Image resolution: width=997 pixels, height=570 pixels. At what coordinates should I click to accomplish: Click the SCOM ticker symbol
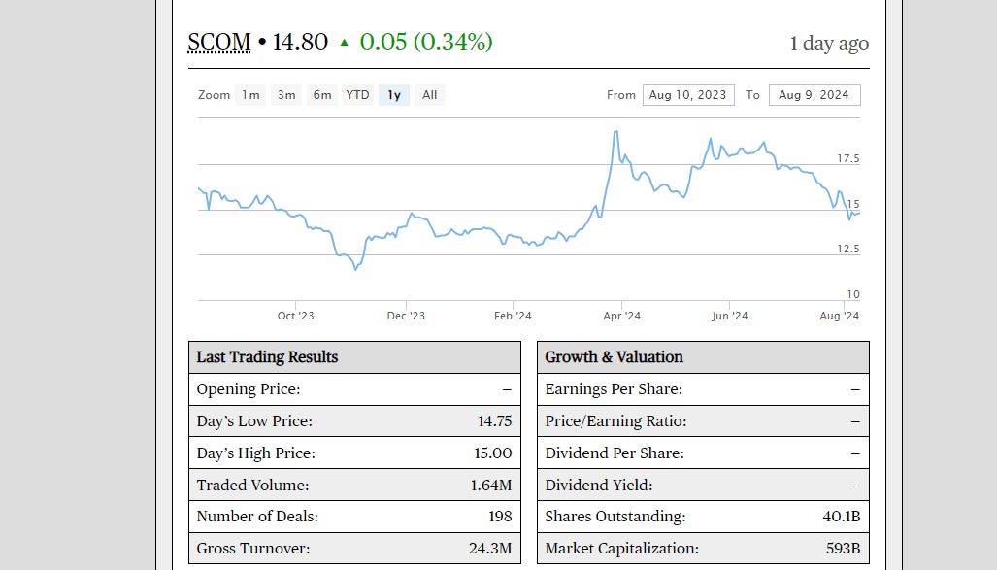[x=218, y=43]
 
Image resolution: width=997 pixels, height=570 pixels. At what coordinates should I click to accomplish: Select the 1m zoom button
[x=250, y=95]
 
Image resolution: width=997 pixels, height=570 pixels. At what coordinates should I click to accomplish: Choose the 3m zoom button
[x=286, y=95]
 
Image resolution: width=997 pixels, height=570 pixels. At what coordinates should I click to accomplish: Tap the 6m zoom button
[x=322, y=95]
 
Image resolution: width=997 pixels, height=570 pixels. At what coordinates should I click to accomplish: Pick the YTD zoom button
[x=358, y=95]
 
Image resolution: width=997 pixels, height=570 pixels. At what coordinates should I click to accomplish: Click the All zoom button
[x=430, y=95]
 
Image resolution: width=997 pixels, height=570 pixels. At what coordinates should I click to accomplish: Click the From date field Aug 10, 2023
[x=687, y=95]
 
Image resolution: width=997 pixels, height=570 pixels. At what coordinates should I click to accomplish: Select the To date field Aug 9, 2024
[x=814, y=95]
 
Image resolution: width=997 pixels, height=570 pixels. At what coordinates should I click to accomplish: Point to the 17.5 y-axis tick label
[x=847, y=158]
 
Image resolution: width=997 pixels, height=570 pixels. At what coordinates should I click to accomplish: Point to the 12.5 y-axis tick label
[x=847, y=250]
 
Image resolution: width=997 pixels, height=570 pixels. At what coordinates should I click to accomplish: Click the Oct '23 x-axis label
[x=295, y=316]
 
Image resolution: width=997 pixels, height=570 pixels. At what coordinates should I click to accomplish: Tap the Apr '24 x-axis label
[x=621, y=316]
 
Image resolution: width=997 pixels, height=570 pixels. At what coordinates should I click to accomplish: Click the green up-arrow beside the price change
[x=344, y=43]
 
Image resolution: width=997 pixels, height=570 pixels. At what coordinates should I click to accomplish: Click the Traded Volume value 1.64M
[x=490, y=486]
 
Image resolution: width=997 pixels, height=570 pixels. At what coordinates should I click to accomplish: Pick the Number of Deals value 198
[x=500, y=517]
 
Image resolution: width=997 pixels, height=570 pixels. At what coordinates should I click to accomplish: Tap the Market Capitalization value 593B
[x=841, y=549]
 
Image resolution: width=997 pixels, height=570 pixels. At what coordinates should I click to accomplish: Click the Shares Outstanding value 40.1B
[x=841, y=517]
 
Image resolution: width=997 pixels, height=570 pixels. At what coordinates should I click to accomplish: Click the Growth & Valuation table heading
[x=614, y=357]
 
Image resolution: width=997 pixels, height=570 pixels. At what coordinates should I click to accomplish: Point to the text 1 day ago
[x=829, y=44]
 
